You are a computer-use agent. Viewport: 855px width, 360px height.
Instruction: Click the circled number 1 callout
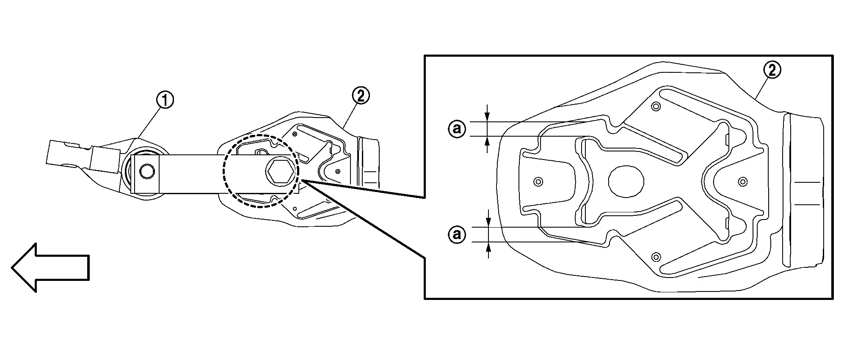[x=165, y=101]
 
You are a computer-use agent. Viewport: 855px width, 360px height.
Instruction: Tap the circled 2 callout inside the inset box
[x=772, y=71]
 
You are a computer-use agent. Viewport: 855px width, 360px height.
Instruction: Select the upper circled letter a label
[x=457, y=128]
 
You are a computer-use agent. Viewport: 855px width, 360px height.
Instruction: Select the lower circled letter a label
[x=457, y=234]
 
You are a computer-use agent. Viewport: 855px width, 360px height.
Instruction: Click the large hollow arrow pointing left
[x=50, y=267]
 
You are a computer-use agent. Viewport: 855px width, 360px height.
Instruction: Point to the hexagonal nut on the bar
[x=281, y=172]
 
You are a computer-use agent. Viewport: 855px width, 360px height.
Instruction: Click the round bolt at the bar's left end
[x=147, y=172]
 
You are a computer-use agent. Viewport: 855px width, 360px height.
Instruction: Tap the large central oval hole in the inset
[x=626, y=181]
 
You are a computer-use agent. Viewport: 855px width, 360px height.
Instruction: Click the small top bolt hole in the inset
[x=656, y=106]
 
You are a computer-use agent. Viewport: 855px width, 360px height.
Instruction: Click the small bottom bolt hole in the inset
[x=656, y=257]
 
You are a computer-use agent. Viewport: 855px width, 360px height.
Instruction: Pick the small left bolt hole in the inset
[x=538, y=182]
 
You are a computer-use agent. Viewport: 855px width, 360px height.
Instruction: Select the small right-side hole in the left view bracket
[x=338, y=171]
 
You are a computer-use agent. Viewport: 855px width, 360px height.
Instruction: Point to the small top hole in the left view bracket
[x=295, y=134]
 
